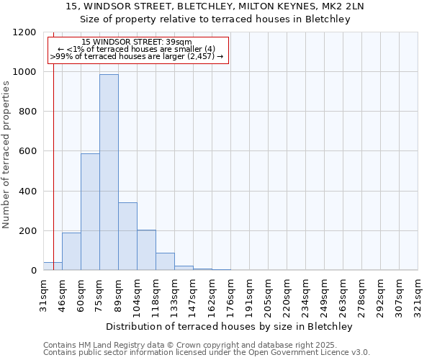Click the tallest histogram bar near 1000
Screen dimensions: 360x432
click(x=109, y=173)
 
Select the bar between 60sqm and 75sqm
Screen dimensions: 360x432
click(x=90, y=212)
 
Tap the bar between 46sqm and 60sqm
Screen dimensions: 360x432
click(x=71, y=251)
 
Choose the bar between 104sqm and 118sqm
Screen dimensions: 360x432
click(x=146, y=250)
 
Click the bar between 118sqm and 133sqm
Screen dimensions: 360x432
click(x=165, y=261)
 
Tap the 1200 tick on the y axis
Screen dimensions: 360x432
click(x=24, y=32)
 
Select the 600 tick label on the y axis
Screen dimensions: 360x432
click(x=27, y=152)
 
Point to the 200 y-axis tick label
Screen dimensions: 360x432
click(x=27, y=231)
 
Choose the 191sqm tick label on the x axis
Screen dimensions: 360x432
click(x=249, y=295)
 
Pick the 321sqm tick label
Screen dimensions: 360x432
click(x=418, y=295)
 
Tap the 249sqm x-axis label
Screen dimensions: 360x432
click(x=324, y=295)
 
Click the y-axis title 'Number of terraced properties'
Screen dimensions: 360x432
click(x=6, y=155)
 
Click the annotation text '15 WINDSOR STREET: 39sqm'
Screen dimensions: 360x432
click(x=137, y=42)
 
